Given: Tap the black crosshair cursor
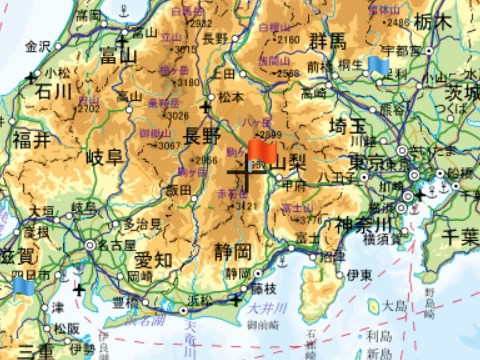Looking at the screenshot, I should (x=243, y=179).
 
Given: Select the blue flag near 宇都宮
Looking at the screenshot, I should (x=377, y=65).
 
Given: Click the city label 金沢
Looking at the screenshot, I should (x=37, y=47).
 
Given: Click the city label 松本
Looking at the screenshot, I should (x=232, y=98).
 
